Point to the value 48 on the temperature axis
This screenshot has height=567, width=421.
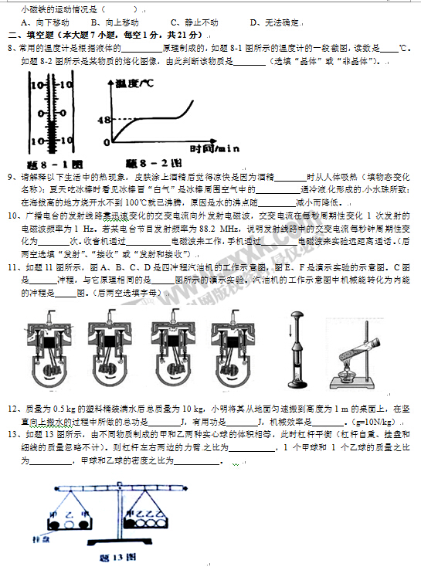tap(105, 120)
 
